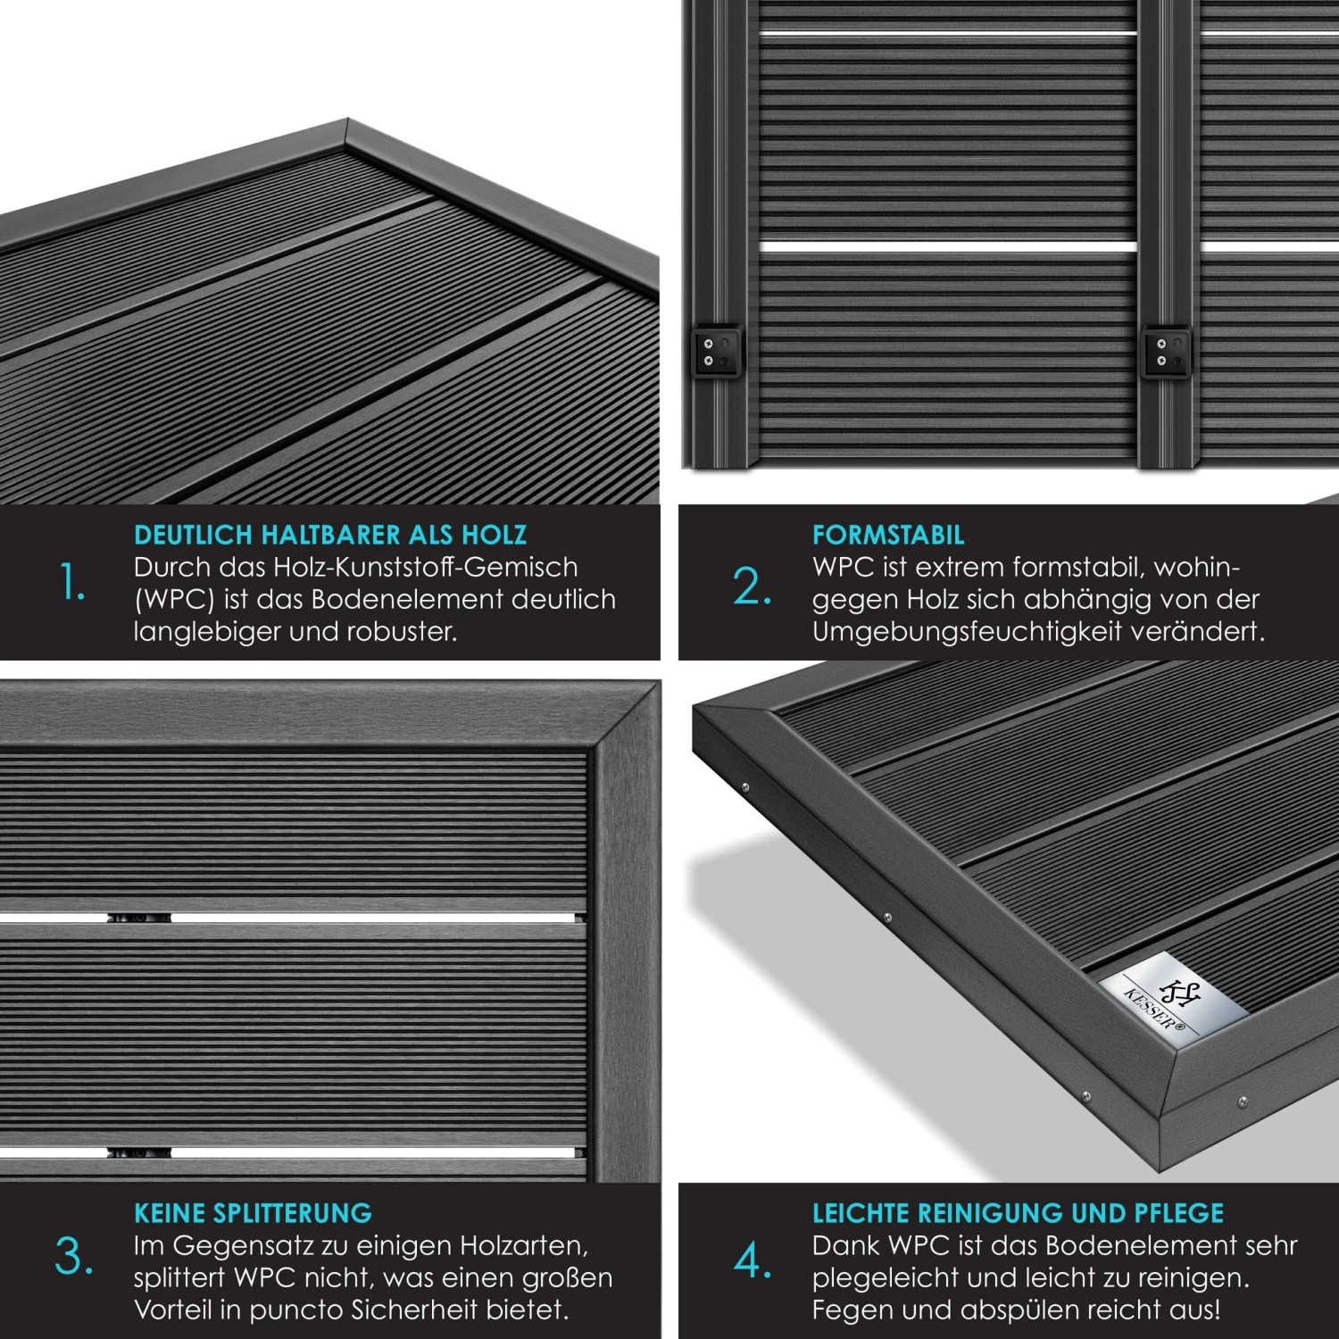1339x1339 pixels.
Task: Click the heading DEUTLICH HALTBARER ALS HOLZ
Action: tap(330, 535)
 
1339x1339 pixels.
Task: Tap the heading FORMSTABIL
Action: tap(888, 535)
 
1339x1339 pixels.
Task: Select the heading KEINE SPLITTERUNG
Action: tap(253, 1213)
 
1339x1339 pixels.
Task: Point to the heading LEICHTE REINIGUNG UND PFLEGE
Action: tap(1018, 1213)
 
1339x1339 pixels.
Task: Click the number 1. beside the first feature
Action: tap(72, 584)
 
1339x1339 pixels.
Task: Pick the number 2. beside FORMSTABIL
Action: tap(752, 587)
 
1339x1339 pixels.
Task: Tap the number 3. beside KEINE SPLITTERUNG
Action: tap(73, 1257)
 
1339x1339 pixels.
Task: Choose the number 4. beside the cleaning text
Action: tap(753, 1260)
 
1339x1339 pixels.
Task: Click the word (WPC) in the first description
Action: tap(174, 600)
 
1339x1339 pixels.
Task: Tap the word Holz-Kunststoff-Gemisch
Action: tap(425, 568)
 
